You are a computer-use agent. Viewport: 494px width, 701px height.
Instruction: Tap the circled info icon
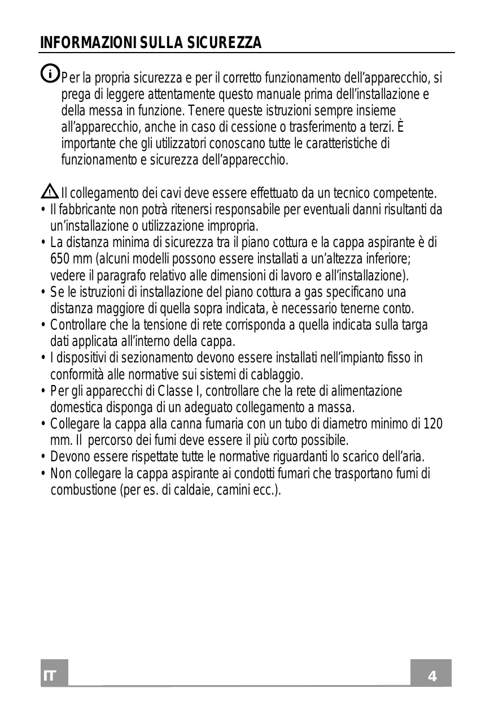pos(50,73)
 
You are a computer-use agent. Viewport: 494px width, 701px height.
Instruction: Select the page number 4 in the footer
pos(432,676)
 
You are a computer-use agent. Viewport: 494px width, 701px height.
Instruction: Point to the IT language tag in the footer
pos(50,677)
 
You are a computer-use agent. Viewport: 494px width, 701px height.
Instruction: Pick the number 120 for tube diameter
pos(433,424)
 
